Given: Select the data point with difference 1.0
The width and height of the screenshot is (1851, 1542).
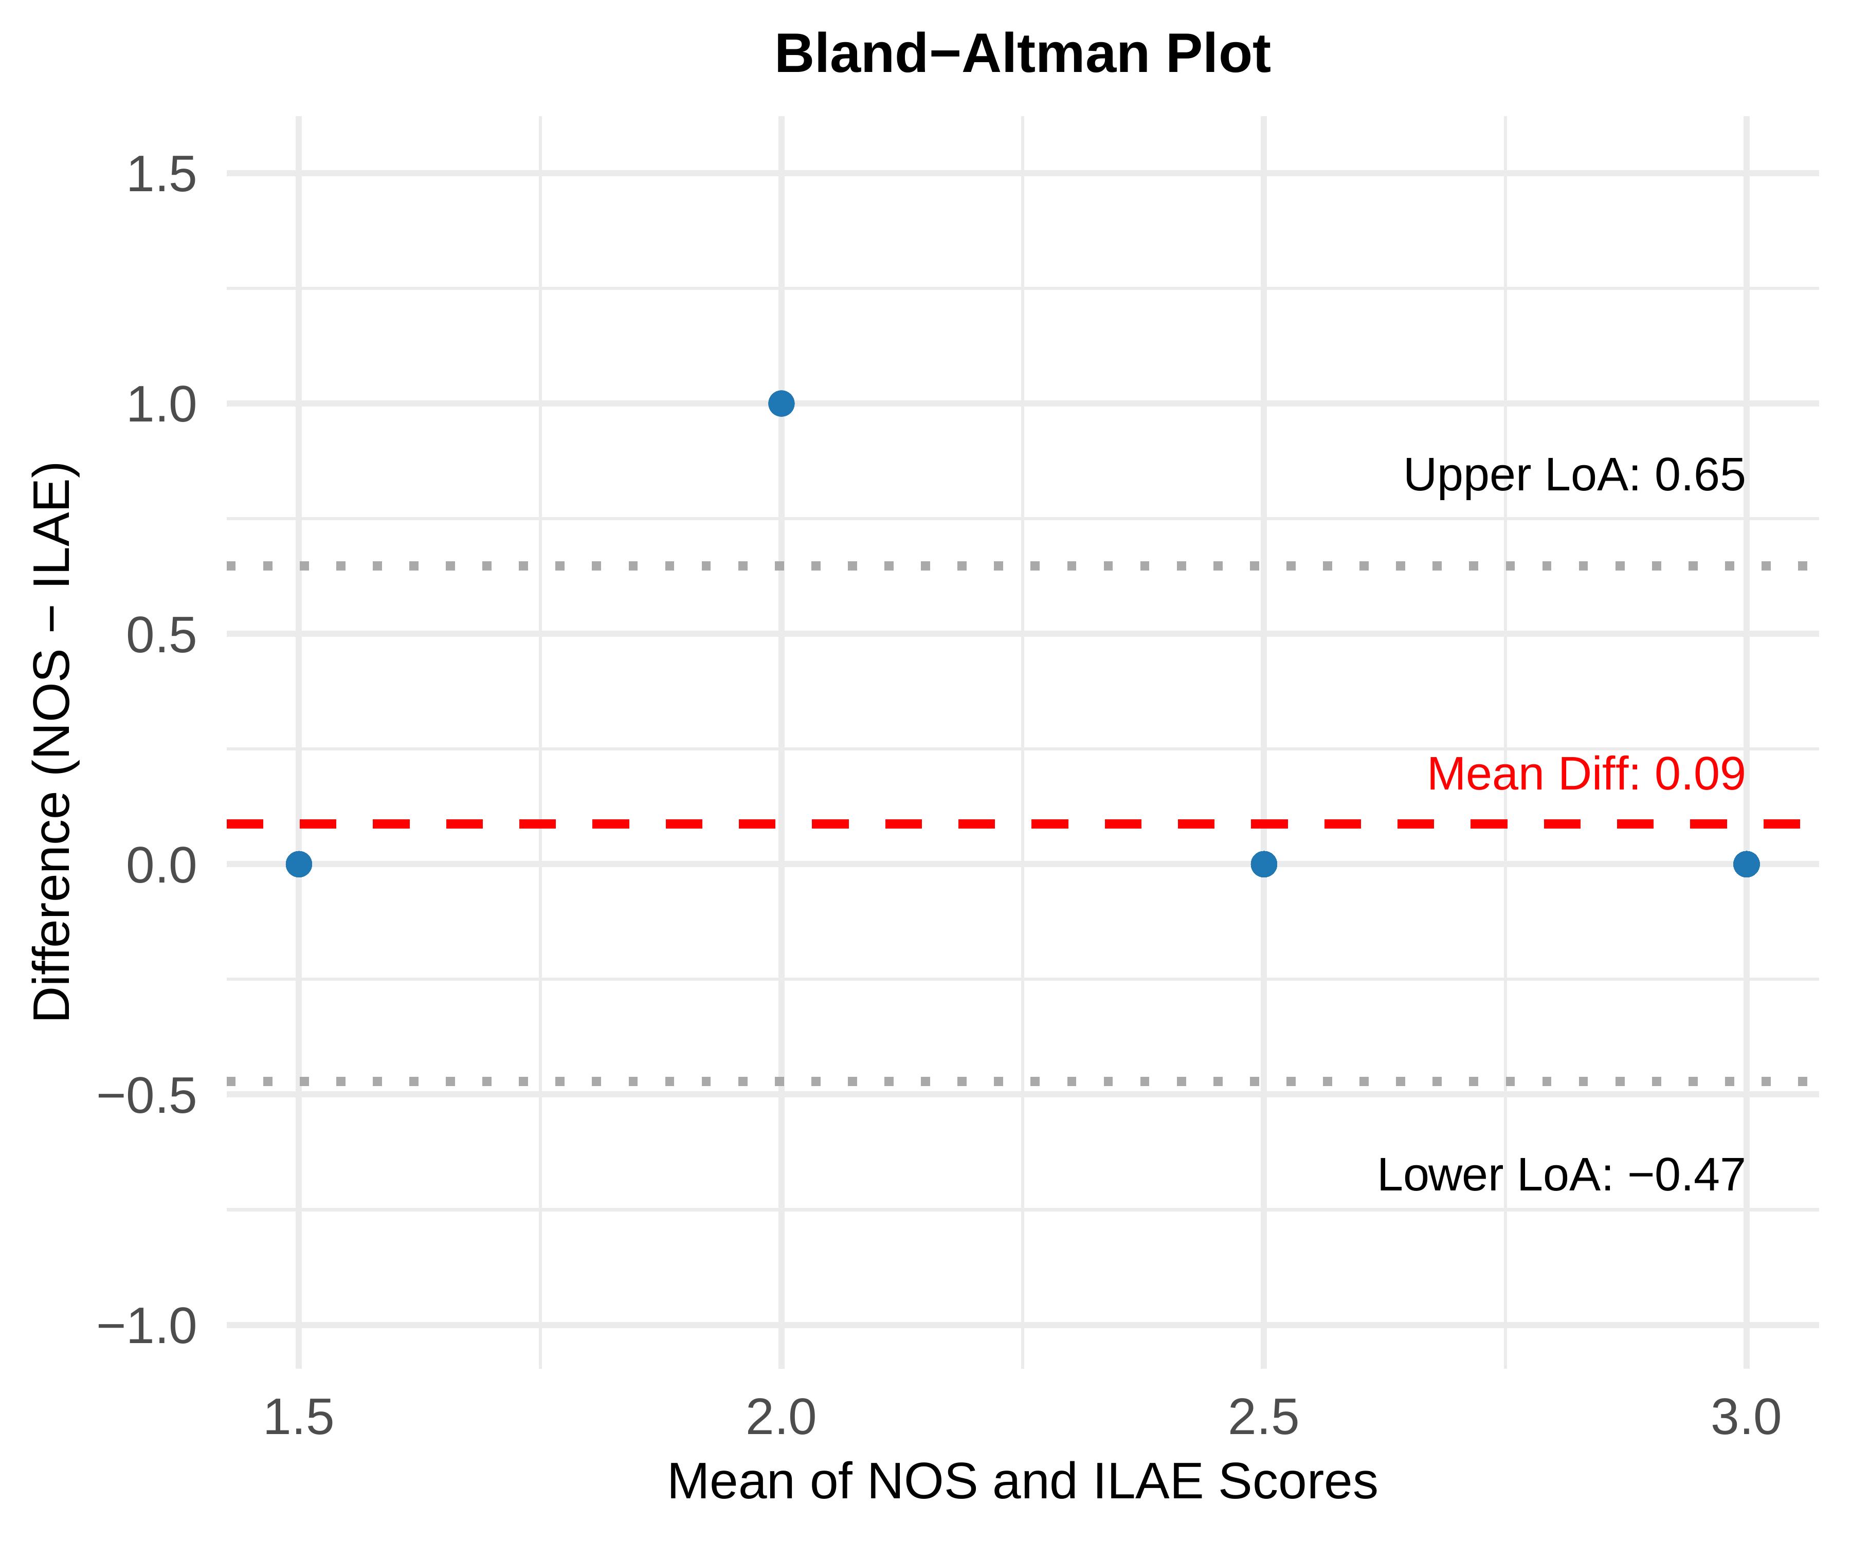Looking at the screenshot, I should click(781, 403).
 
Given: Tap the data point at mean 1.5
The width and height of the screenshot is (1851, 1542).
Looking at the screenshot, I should click(299, 865).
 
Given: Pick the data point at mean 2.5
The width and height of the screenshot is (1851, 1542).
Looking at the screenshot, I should click(1263, 865).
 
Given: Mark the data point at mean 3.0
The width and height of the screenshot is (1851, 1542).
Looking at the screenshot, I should click(1745, 865).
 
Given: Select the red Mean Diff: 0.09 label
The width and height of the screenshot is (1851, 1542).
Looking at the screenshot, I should click(1585, 775).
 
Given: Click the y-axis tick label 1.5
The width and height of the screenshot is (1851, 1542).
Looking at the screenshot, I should click(161, 174).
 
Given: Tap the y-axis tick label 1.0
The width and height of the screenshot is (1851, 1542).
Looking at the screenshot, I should click(161, 406).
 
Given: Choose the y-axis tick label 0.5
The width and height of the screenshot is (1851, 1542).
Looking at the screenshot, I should click(161, 635).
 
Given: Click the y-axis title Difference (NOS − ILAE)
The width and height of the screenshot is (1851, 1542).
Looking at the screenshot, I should click(53, 741).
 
